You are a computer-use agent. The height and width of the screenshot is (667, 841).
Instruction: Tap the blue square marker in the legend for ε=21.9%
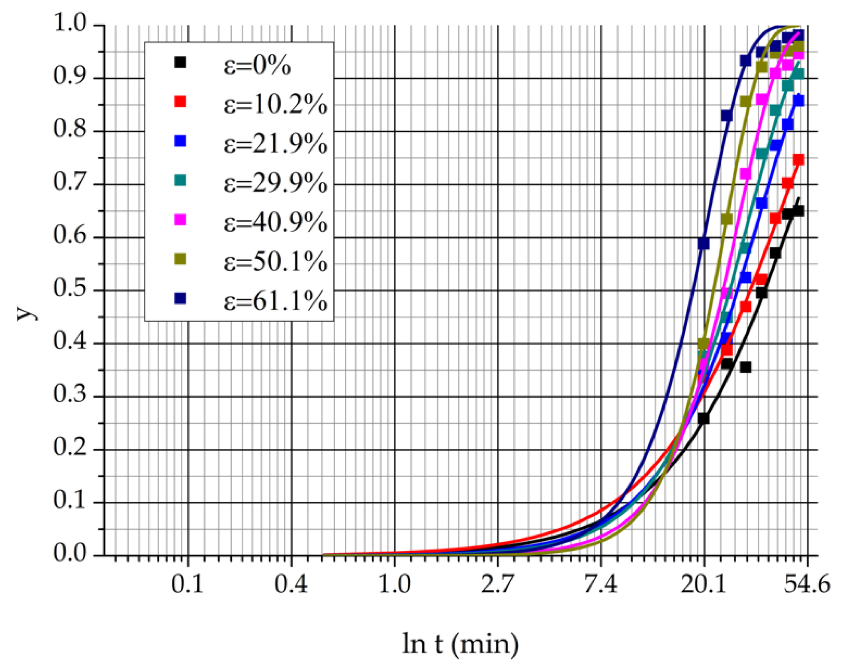[x=180, y=141]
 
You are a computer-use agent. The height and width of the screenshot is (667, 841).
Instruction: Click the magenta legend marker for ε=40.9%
[x=180, y=220]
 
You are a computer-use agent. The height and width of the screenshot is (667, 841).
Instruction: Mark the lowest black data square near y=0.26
[x=703, y=419]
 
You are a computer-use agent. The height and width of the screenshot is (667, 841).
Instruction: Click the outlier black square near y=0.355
[x=745, y=367]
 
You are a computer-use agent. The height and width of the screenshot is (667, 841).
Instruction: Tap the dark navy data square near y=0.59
[x=704, y=243]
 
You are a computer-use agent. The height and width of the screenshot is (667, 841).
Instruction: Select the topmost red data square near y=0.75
[x=798, y=160]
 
